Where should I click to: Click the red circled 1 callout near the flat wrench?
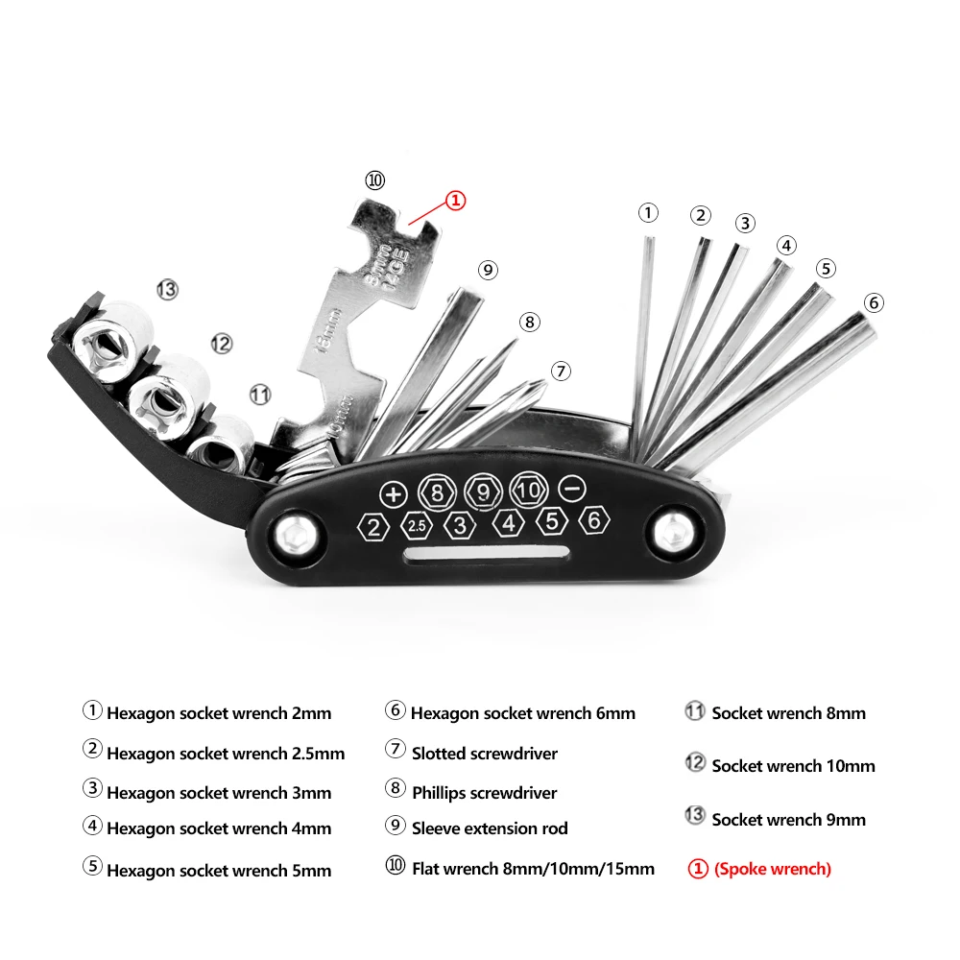point(455,201)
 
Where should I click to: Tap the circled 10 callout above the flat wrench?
point(374,180)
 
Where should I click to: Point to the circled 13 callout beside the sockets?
point(168,289)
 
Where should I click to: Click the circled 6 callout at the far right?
point(873,303)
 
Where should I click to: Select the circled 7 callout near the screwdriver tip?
point(562,371)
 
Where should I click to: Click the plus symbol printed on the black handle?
point(393,494)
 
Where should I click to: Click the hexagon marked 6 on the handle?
point(595,521)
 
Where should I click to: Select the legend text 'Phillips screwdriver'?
point(484,793)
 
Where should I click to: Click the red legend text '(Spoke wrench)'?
point(772,869)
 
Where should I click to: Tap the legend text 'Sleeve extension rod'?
point(490,828)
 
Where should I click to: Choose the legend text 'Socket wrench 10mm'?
point(793,766)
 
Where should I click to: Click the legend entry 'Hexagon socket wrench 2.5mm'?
point(225,754)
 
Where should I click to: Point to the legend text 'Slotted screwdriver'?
point(484,754)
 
